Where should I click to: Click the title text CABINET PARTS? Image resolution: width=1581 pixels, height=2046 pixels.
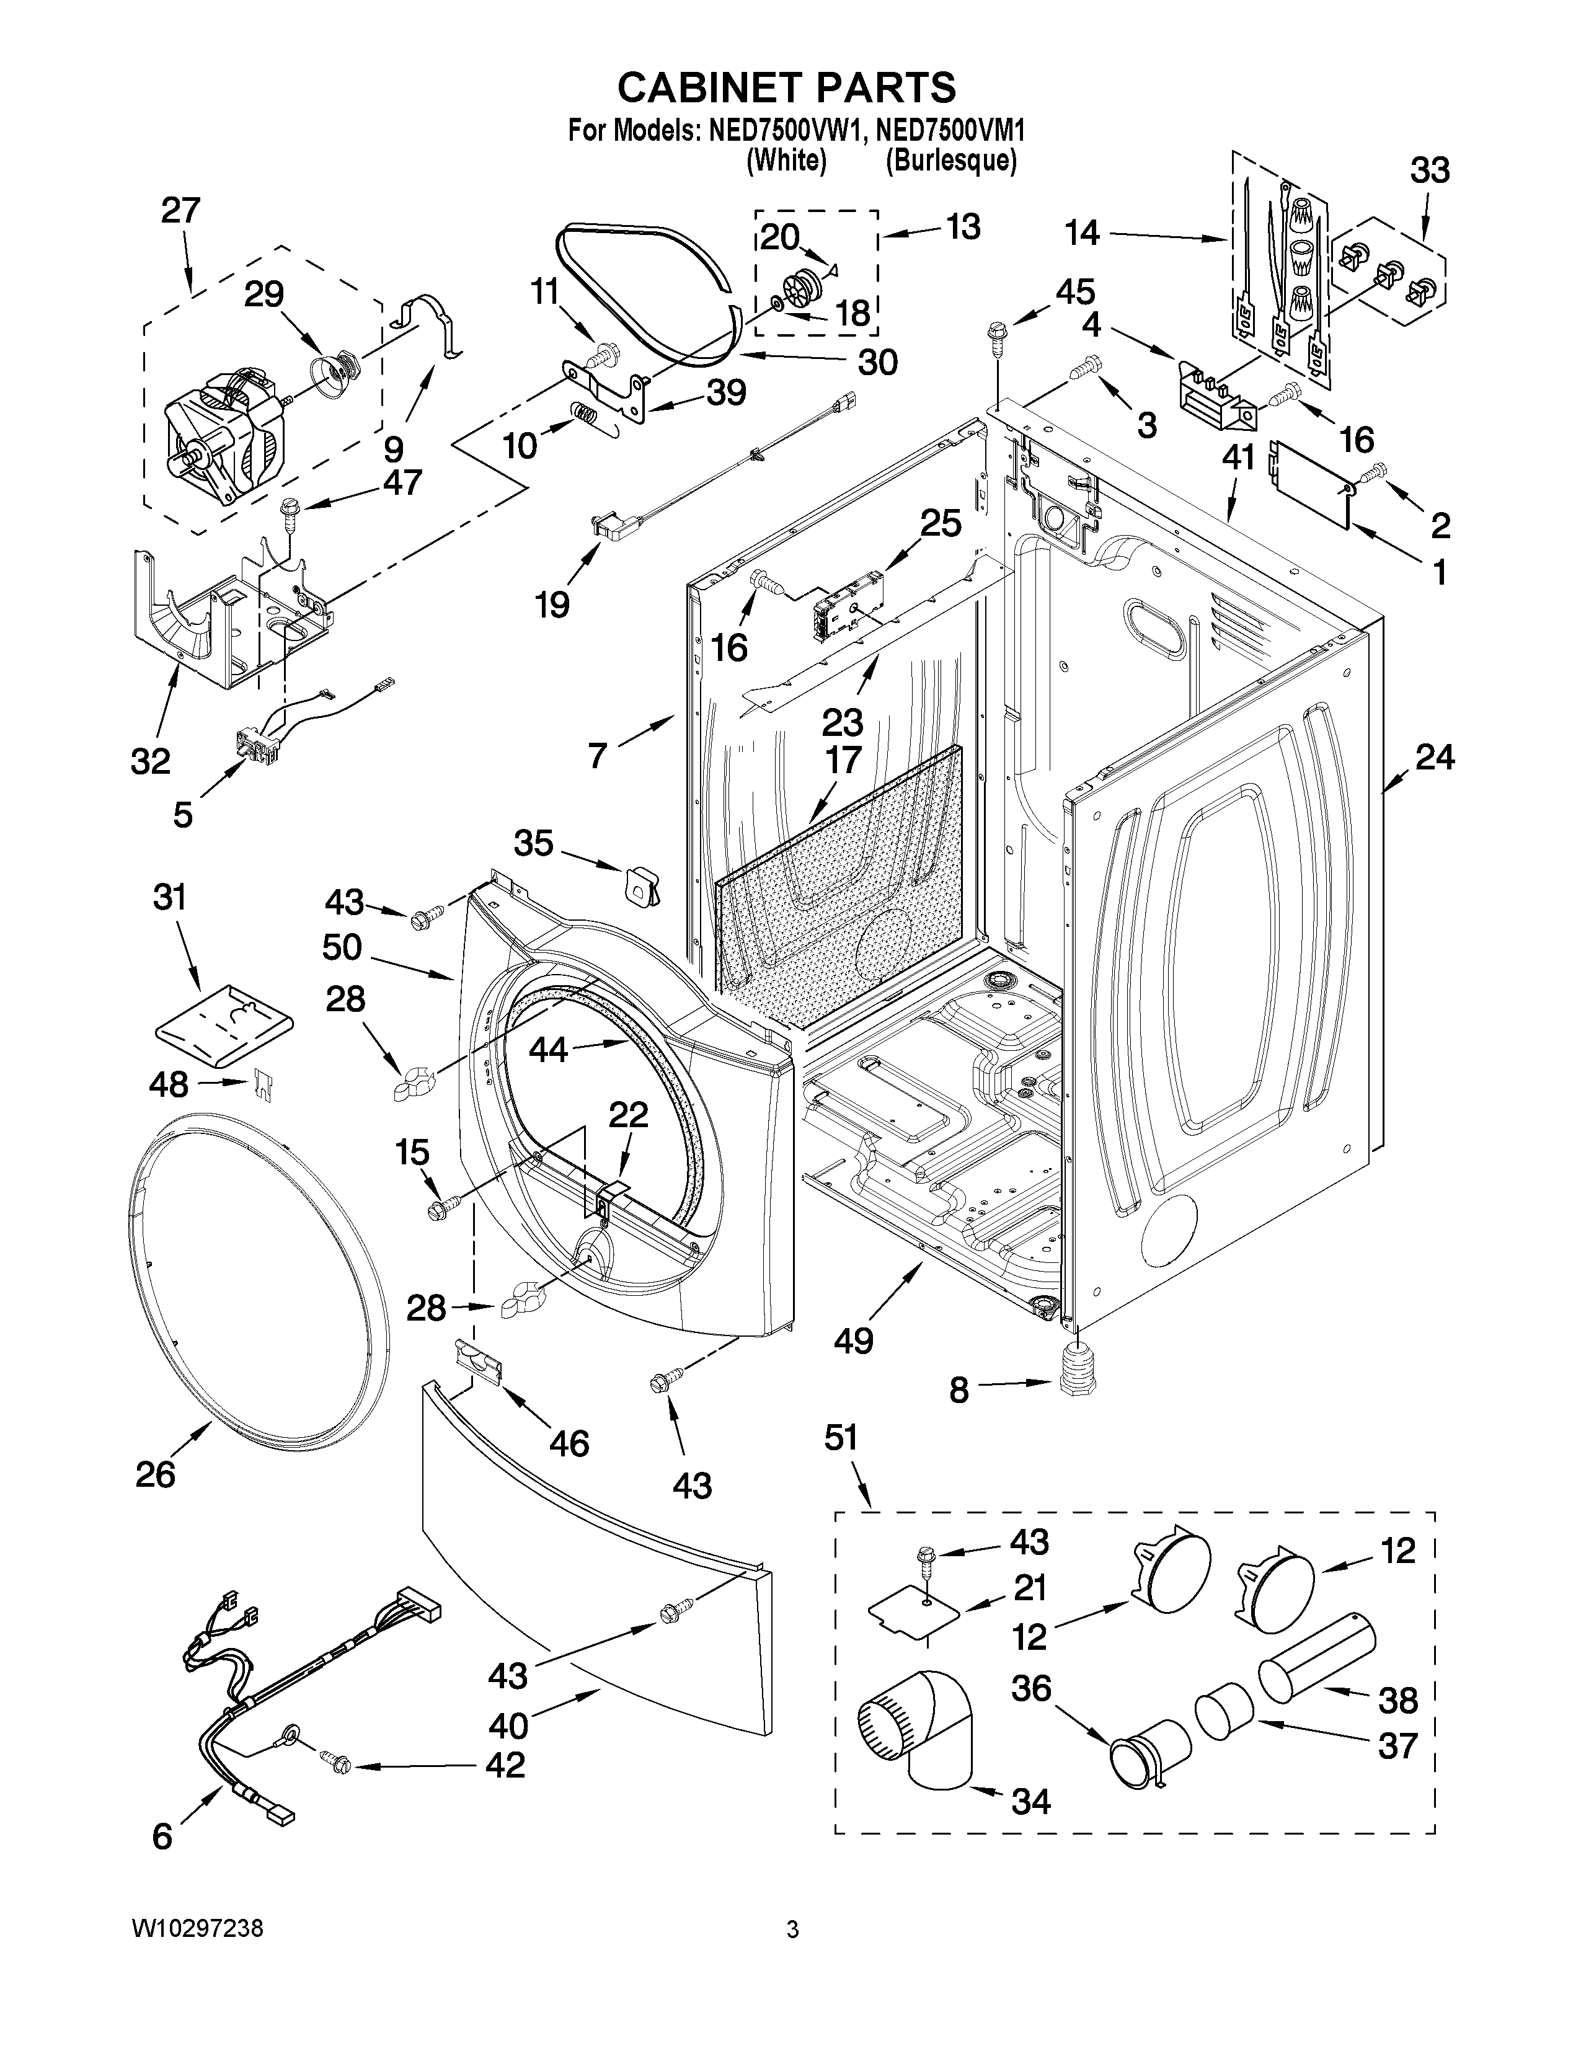click(787, 87)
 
